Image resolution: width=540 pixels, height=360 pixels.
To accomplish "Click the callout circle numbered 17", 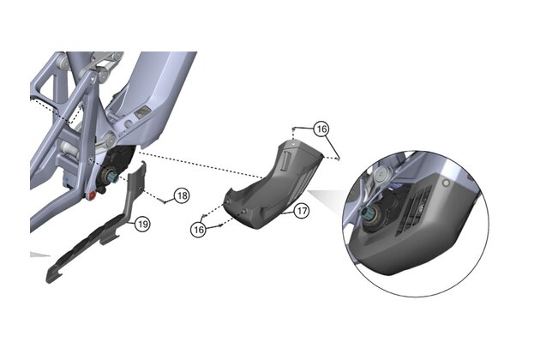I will (x=301, y=210).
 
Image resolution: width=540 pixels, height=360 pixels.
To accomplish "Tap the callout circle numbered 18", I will (x=181, y=195).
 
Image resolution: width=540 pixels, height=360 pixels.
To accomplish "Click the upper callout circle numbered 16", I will (x=321, y=129).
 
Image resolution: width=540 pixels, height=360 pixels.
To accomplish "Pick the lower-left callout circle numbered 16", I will (x=198, y=230).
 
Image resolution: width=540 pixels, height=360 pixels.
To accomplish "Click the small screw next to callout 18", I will (x=160, y=199).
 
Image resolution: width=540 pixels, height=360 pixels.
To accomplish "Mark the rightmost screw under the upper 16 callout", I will (x=342, y=157).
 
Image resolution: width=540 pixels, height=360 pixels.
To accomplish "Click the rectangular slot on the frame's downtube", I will (x=143, y=112).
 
